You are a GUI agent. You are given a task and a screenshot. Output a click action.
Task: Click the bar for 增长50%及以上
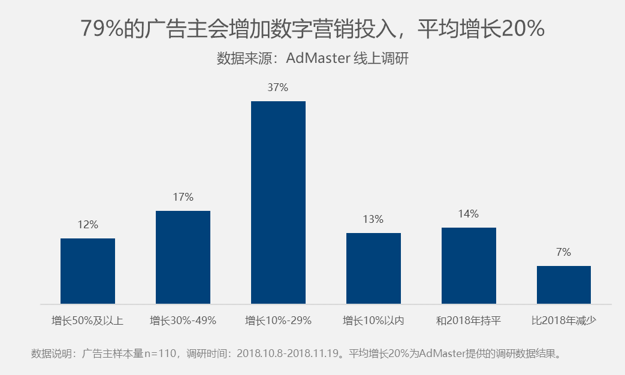[x=87, y=271]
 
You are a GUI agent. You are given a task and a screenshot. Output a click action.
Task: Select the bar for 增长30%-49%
[x=183, y=257]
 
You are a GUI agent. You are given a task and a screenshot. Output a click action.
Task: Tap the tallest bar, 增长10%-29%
[x=278, y=202]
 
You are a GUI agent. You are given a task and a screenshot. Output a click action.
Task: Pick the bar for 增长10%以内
[x=373, y=268]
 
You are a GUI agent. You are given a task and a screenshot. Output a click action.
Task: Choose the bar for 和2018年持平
[x=469, y=265]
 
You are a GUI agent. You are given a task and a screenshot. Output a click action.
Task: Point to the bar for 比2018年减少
[x=563, y=285]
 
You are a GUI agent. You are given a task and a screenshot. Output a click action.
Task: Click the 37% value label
[x=278, y=87]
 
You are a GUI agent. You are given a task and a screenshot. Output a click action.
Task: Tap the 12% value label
[x=87, y=225]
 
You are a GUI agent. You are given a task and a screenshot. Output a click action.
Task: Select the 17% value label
[x=183, y=197]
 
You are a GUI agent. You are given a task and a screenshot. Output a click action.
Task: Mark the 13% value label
[x=373, y=219]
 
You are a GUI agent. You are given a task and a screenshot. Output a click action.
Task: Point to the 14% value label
[x=469, y=214]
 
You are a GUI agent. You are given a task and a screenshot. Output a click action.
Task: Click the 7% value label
[x=563, y=252]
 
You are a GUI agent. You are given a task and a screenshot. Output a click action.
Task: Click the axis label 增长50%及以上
[x=87, y=320]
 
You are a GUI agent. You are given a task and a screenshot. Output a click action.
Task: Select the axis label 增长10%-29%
[x=278, y=320]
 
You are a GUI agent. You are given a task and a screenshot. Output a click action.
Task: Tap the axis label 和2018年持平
[x=469, y=320]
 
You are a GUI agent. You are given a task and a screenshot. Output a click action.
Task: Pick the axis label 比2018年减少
[x=563, y=320]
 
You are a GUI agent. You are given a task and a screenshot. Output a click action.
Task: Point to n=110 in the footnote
[x=161, y=353]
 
